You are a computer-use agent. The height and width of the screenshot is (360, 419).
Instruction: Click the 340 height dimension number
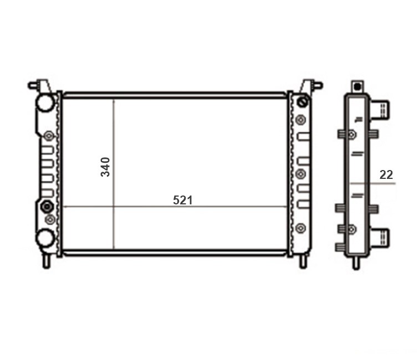click(x=105, y=167)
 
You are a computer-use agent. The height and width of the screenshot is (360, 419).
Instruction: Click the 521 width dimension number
click(x=182, y=200)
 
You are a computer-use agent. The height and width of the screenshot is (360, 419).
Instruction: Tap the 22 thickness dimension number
click(x=386, y=174)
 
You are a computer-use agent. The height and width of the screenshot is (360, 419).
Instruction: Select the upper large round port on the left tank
click(x=45, y=102)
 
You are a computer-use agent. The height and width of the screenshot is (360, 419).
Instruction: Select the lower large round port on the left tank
click(x=45, y=238)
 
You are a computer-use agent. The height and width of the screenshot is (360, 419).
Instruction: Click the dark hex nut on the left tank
click(x=47, y=207)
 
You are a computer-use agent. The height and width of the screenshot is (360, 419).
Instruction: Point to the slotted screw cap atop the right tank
click(x=303, y=101)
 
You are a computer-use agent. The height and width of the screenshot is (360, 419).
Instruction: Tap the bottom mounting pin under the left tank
click(x=46, y=261)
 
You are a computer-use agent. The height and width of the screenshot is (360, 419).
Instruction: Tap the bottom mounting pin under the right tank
click(x=303, y=261)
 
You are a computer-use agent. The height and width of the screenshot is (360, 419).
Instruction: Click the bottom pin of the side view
click(x=356, y=263)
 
